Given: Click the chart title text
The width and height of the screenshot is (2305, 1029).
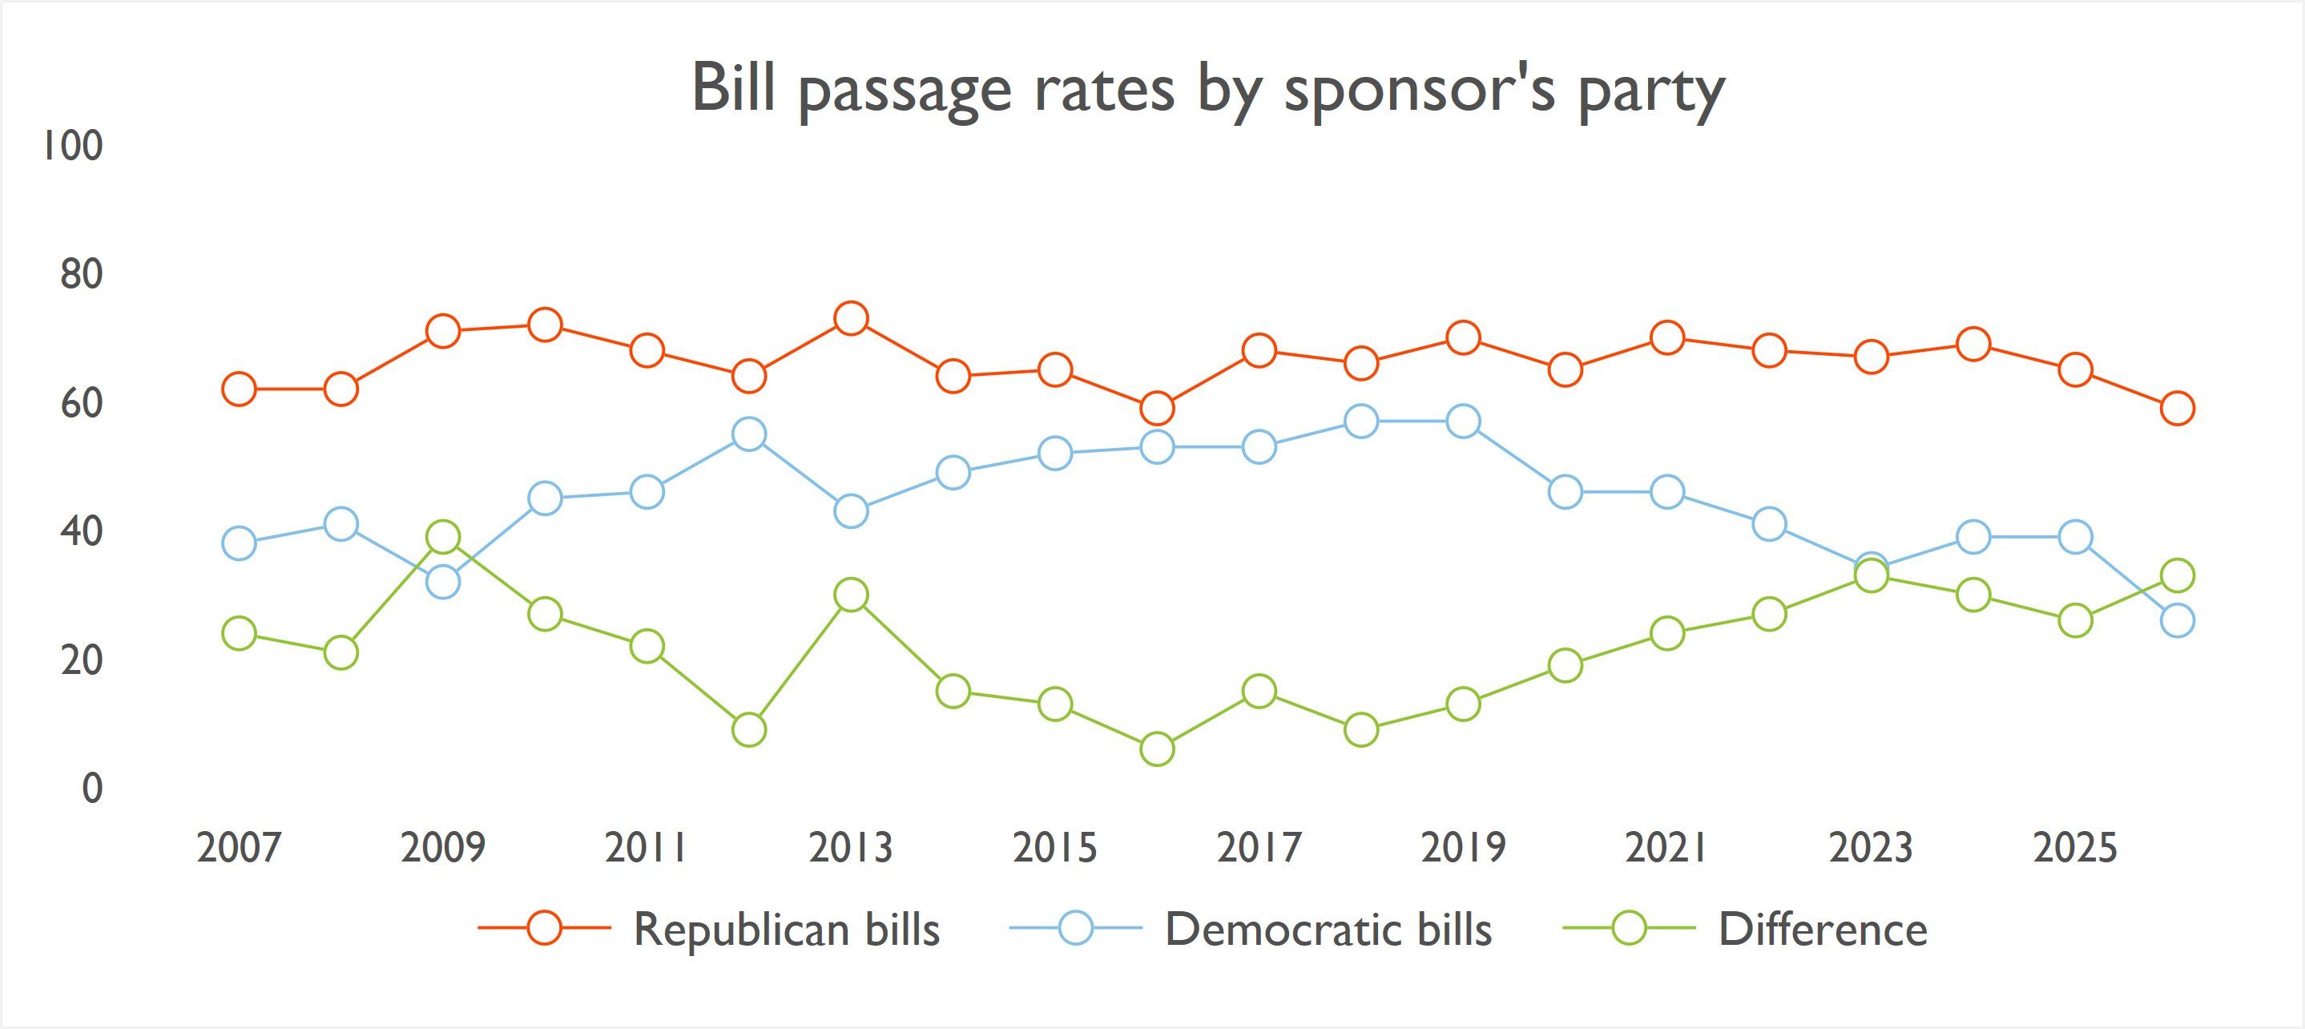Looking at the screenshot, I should pos(1207,90).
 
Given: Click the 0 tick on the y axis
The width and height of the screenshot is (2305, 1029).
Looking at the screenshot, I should pos(92,789).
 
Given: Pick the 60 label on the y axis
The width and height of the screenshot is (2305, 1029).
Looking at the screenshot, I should pos(82,404).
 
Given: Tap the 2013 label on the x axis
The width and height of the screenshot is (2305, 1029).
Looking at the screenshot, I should pos(851,847).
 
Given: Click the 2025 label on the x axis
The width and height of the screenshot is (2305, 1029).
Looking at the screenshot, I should pos(2075,847).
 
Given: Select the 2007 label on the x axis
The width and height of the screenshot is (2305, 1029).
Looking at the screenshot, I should pos(239,847).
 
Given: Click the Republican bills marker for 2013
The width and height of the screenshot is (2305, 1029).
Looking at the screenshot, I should pos(851,318).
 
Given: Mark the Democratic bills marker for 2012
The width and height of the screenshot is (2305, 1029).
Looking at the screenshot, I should pos(749,434).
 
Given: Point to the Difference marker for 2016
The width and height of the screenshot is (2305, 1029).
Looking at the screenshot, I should pos(1157,749).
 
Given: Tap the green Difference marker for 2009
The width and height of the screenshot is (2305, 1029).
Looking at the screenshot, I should pos(443,537).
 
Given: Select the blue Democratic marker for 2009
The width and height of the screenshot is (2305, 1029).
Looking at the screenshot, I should pos(443,583).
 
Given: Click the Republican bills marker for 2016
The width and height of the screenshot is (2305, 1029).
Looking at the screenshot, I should pos(1157,408).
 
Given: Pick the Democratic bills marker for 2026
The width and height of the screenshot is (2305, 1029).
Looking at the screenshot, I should pos(2177,620).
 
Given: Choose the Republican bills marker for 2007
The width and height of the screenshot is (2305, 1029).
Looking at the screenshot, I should pos(239,389).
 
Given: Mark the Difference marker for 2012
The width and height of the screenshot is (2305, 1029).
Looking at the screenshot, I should pos(749,730).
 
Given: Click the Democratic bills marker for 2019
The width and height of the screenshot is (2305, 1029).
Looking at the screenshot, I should pos(1463,421).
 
